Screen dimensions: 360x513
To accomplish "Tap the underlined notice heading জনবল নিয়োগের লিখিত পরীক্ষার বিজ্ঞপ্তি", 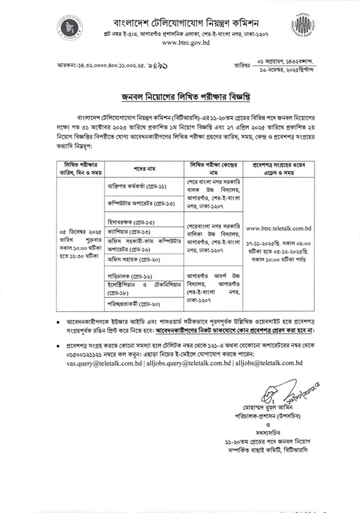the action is pyautogui.click(x=180, y=96).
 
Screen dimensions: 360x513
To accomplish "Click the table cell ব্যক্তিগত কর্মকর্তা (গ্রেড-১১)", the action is pyautogui.click(x=129, y=186).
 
